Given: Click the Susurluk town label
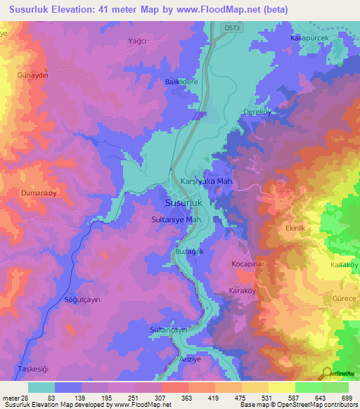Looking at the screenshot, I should (184, 202).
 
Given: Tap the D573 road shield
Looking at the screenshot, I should (233, 27).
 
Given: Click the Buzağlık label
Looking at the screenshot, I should (190, 251).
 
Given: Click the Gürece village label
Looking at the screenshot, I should (343, 299).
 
